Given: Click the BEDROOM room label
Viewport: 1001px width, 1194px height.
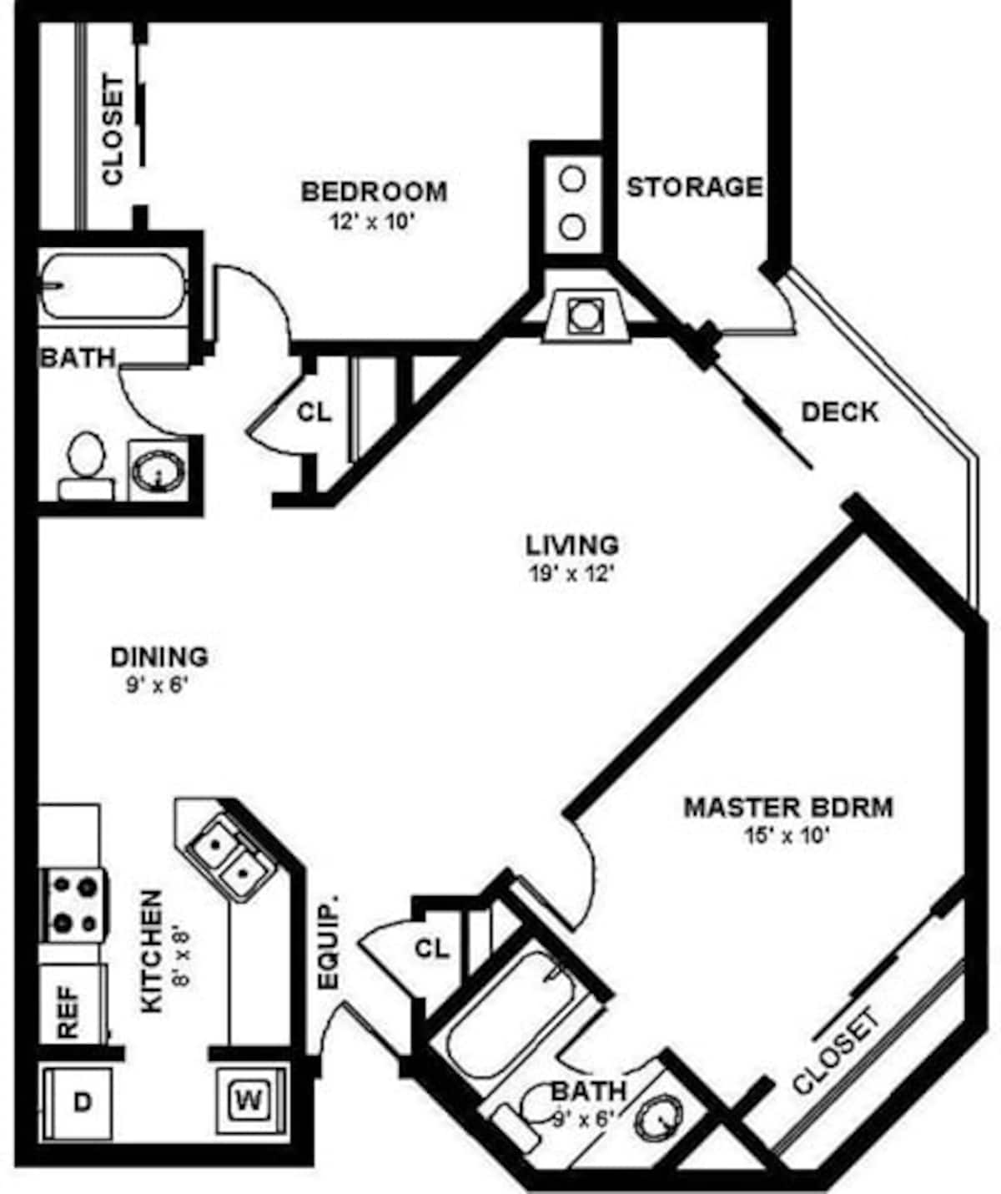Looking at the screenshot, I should (374, 191).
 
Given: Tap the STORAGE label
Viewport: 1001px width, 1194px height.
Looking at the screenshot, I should (694, 187).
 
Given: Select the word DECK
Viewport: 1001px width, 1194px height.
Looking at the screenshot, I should (839, 411).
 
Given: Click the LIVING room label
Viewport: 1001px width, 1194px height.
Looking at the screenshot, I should (572, 545).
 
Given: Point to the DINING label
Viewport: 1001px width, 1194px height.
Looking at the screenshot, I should (159, 657).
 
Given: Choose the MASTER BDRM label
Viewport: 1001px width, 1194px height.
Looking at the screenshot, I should (788, 807).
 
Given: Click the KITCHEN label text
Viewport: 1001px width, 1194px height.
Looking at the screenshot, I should (151, 951).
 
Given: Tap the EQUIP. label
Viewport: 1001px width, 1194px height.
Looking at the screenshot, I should (329, 943).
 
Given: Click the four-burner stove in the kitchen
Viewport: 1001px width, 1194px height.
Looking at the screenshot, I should (73, 905).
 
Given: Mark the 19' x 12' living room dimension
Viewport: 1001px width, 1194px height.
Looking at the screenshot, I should (572, 574).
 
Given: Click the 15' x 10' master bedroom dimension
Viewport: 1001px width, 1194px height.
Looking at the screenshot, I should (787, 835).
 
